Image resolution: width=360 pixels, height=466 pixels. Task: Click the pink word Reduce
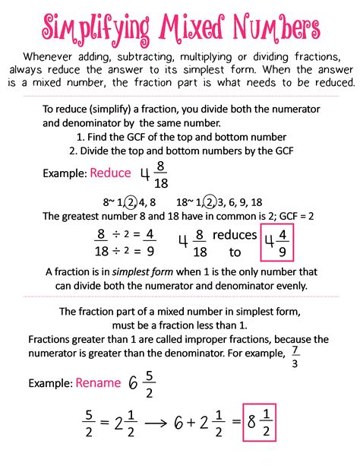point(111,173)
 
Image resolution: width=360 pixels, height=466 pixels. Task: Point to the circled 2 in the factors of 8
point(130,203)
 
